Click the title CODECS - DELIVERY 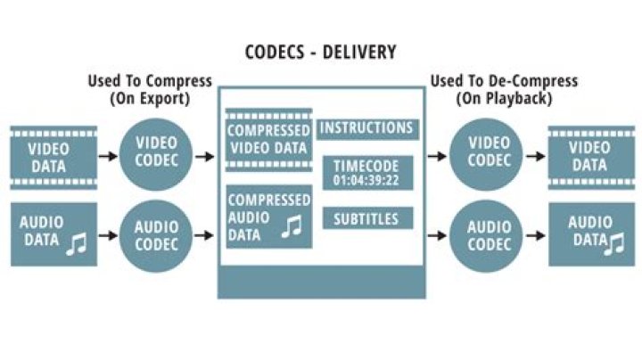tap(320, 52)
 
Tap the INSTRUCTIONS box tap(366, 128)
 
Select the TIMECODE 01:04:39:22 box tap(366, 172)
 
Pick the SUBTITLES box tap(366, 217)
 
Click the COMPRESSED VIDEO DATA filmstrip tap(268, 138)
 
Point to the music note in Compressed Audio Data tap(292, 228)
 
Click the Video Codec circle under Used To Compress tap(156, 156)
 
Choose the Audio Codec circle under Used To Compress tap(156, 234)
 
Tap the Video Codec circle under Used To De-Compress tap(489, 156)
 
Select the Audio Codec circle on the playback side tap(489, 234)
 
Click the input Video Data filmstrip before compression tap(53, 156)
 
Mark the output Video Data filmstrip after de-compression tap(589, 156)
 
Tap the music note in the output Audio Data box tap(614, 242)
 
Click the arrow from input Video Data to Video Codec tap(108, 157)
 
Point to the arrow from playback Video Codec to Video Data tap(535, 157)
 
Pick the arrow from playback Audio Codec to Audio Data tap(535, 235)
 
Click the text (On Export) tap(149, 98)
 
